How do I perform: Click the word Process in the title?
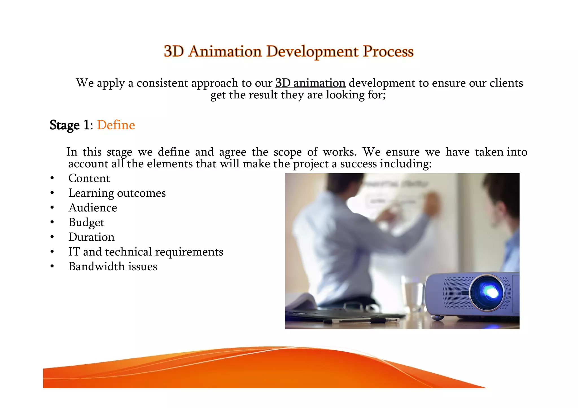coord(388,52)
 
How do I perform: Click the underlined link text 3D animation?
coord(310,83)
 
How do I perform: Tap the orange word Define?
coord(116,125)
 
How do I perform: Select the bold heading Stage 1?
coord(69,125)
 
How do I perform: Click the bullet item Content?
coord(89,178)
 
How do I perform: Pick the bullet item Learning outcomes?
coord(117,193)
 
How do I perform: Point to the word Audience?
coord(93,208)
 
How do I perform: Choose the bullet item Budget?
coord(86,223)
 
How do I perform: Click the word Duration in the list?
coord(91,237)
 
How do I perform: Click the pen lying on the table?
coord(364,320)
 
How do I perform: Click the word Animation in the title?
coord(225,52)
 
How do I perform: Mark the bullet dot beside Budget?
coord(52,223)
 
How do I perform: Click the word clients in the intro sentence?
coord(506,83)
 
